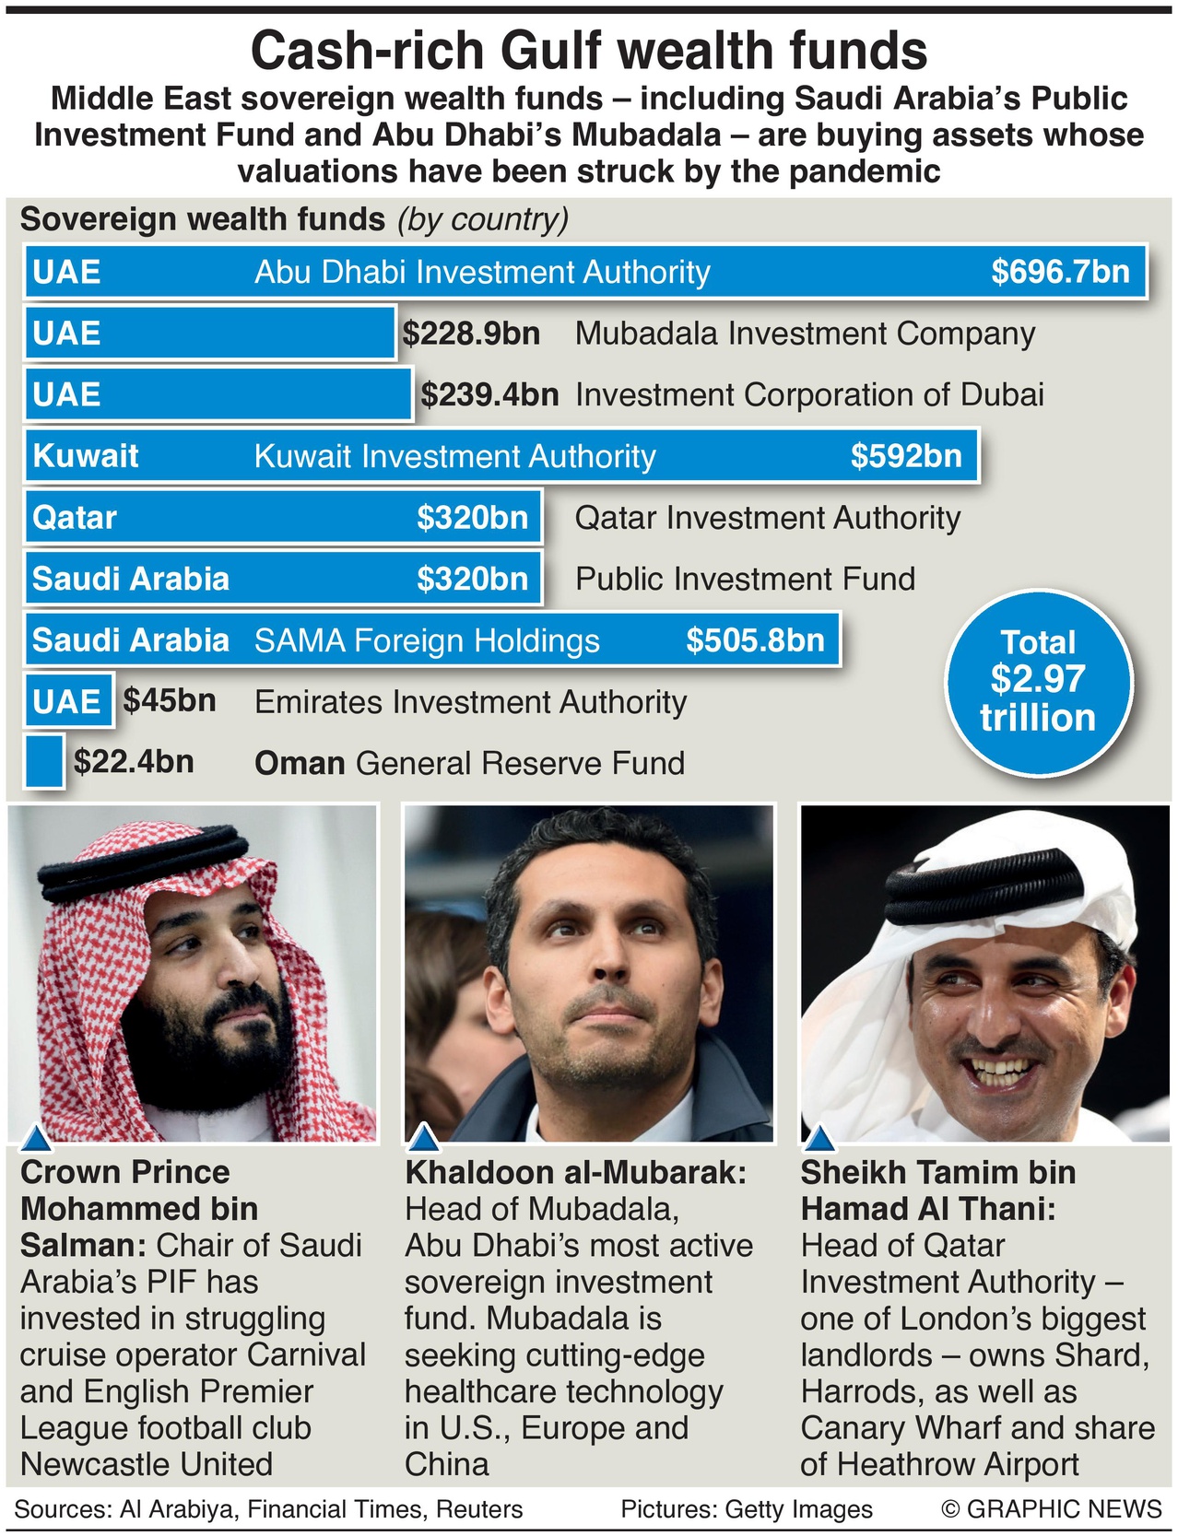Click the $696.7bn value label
point(1060,272)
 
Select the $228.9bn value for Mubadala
point(471,334)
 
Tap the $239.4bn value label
point(489,395)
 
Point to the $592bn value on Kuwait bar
point(905,456)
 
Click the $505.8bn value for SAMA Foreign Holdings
point(755,640)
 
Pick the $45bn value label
point(170,701)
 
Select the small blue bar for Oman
point(43,762)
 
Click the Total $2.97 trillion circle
point(1038,681)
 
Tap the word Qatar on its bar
point(75,518)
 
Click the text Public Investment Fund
point(745,580)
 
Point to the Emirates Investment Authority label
point(470,702)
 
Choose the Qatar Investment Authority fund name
point(767,518)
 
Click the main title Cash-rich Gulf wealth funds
point(589,51)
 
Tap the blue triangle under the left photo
point(36,1139)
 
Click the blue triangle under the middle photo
point(423,1138)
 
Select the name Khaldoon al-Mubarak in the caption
point(575,1172)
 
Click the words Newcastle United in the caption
point(147,1464)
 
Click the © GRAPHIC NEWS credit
point(1051,1509)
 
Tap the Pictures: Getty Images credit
point(746,1509)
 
